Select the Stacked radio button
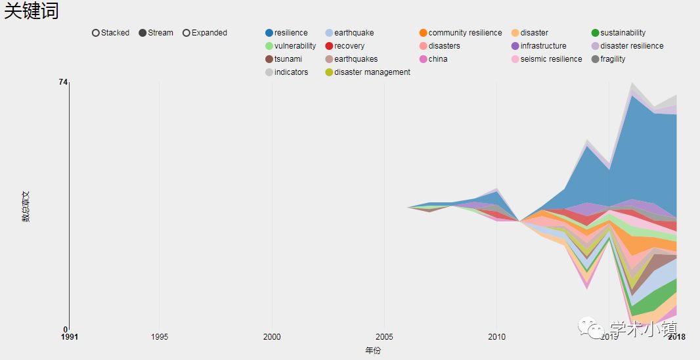[x=96, y=33]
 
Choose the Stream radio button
[x=143, y=33]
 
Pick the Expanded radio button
[x=186, y=33]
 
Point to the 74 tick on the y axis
[x=63, y=81]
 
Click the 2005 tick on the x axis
[x=384, y=337]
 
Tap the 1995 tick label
[x=159, y=337]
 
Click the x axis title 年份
[x=373, y=351]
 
